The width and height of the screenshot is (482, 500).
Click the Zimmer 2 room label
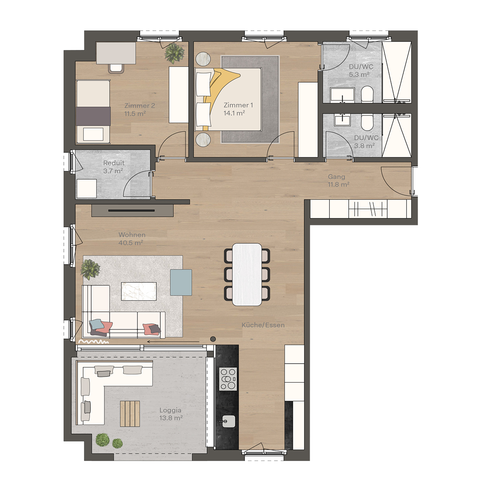click(139, 105)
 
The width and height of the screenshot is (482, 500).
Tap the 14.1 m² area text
click(234, 113)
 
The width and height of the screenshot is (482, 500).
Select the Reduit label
click(114, 163)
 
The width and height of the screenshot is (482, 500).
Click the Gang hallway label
click(336, 176)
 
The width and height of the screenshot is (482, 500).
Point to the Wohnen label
click(132, 235)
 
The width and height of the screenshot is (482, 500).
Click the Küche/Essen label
click(263, 325)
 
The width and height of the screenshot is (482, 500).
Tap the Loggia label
click(170, 410)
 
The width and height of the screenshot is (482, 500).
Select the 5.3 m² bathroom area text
click(359, 75)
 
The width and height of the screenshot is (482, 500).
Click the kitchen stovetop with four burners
click(228, 379)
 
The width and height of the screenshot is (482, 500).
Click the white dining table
click(247, 274)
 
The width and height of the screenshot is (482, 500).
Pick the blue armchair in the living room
click(181, 282)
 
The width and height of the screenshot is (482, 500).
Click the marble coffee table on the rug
click(139, 291)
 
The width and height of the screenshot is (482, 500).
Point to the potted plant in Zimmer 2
click(174, 53)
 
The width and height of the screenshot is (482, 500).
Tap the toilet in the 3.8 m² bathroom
click(367, 122)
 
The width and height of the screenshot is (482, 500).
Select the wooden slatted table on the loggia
click(130, 413)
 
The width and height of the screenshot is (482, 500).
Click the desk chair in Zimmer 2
click(116, 68)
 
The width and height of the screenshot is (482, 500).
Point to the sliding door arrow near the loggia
click(173, 342)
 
